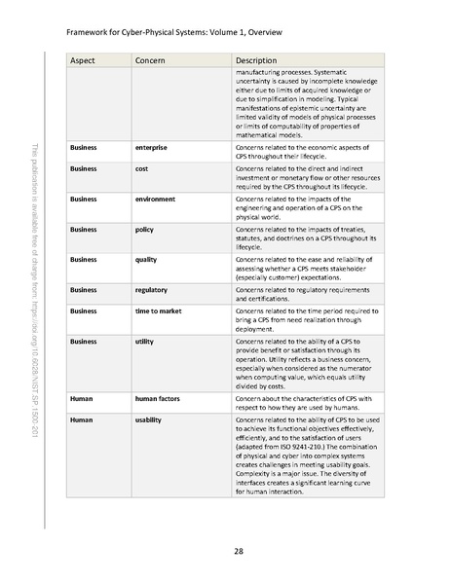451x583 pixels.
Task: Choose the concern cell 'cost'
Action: coord(146,168)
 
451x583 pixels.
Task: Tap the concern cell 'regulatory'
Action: coord(154,289)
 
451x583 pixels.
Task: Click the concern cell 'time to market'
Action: coord(160,310)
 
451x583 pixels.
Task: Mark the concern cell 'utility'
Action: coord(146,343)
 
